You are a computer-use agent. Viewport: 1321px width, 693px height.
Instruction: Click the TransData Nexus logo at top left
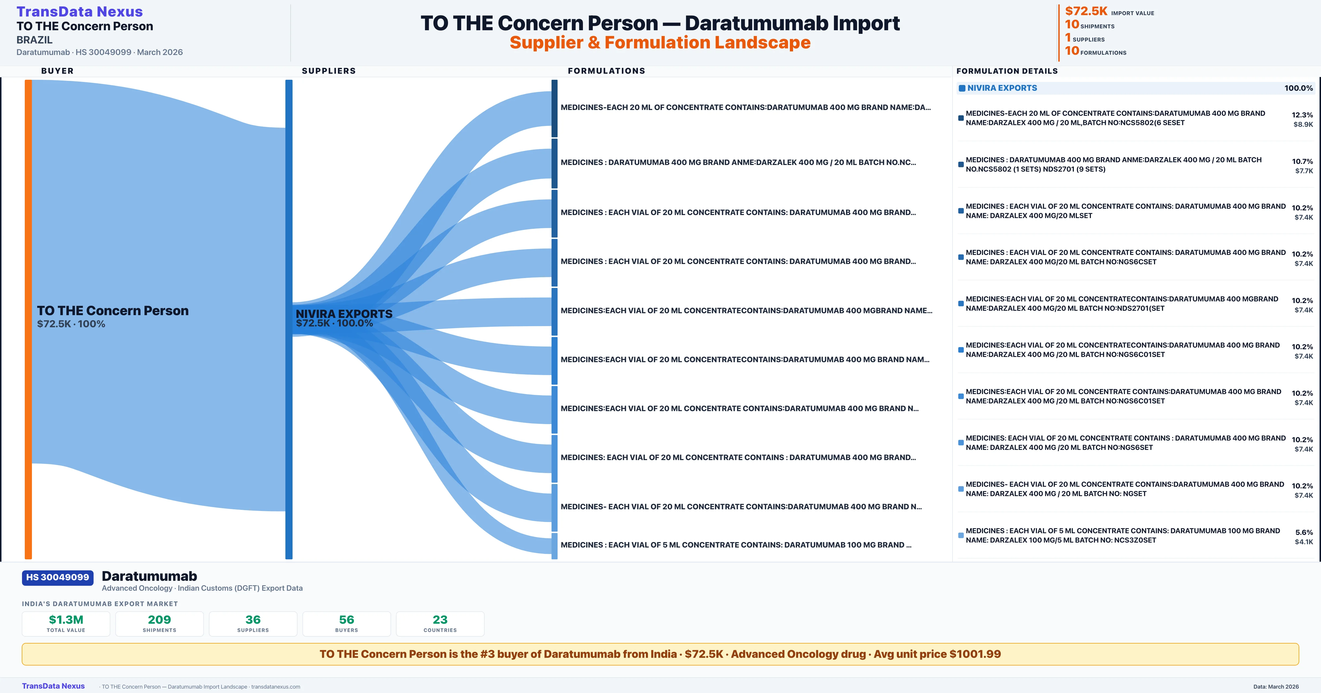point(80,11)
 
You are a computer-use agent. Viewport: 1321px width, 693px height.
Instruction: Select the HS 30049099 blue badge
point(58,577)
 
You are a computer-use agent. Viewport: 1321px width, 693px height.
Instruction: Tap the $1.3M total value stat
point(66,620)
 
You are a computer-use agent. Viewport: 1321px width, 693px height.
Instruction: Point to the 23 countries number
point(440,620)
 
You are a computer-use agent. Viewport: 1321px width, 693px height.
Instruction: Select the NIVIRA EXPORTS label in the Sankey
point(343,314)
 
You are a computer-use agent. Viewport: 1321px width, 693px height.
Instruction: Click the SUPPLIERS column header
point(329,71)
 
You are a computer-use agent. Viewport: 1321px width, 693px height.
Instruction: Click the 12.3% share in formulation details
point(1302,115)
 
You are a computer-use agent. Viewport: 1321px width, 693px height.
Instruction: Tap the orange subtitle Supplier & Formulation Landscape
point(660,43)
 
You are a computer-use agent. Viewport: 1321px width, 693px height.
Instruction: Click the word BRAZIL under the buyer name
point(34,40)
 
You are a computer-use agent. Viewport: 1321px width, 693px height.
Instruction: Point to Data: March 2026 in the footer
point(1276,686)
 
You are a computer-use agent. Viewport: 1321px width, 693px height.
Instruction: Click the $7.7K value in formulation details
point(1304,171)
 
